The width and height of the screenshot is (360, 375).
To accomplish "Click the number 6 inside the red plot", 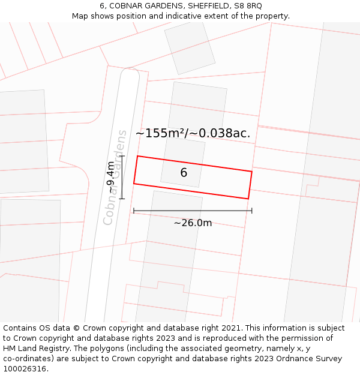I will click(184, 173).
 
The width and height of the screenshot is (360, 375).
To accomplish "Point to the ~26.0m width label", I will click(193, 223).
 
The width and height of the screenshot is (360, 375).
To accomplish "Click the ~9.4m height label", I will click(111, 177).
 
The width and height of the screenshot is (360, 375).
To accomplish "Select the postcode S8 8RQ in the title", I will click(245, 5).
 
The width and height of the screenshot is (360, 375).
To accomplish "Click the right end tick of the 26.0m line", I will click(251, 211).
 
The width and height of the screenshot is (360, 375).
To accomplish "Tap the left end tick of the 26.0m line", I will click(134, 211).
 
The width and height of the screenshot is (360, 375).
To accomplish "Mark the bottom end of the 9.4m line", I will click(122, 199).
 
